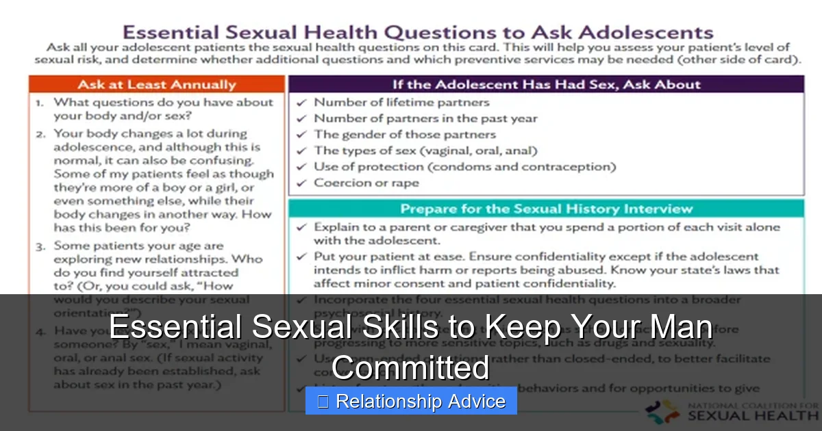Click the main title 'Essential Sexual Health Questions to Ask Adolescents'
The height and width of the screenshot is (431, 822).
417,32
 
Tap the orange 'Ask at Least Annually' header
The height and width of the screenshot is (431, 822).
157,85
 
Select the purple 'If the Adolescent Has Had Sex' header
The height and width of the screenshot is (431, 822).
546,85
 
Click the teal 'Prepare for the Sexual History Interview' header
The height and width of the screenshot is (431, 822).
546,209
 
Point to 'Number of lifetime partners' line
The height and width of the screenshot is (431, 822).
401,103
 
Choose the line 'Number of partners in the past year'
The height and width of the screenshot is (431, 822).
425,118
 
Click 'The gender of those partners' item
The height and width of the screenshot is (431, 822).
404,134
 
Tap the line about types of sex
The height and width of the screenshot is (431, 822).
425,151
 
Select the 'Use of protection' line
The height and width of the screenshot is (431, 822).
464,166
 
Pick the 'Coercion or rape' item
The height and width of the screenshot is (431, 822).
366,183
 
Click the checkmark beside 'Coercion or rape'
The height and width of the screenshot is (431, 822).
301,183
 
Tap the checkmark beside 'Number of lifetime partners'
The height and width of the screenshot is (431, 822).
301,103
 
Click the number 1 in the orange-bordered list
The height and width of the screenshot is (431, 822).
40,103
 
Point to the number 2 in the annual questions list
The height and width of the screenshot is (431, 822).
40,134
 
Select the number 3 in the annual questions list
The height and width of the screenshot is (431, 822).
40,246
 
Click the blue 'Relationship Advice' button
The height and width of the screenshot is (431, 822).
411,402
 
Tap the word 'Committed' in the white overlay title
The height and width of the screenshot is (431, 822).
411,368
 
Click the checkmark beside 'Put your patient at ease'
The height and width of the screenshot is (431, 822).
301,257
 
